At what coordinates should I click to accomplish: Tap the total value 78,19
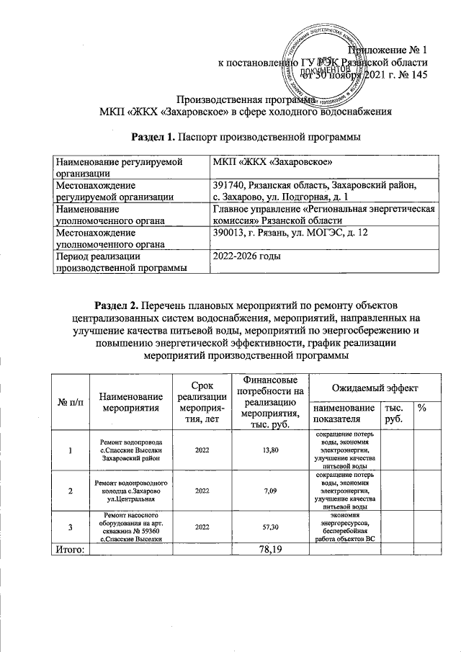click(x=268, y=550)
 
